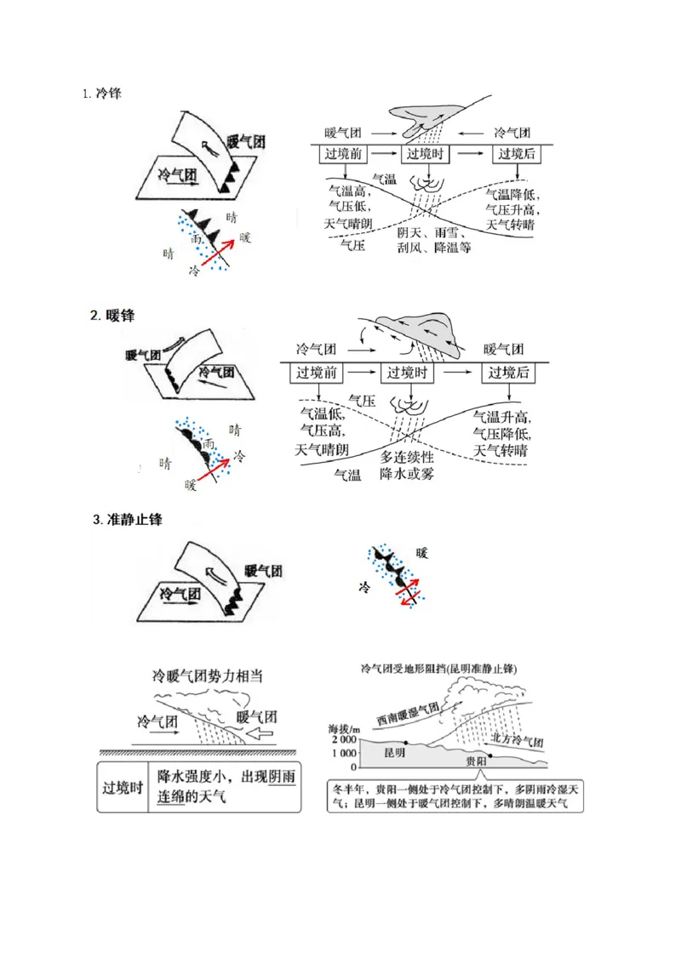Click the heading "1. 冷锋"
point(102,94)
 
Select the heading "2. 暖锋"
point(112,316)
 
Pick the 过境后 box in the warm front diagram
point(508,373)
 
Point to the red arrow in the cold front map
point(218,254)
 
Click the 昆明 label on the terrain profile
point(395,753)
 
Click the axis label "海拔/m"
point(343,728)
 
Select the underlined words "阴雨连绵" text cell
point(225,789)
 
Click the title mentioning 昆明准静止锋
point(439,669)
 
